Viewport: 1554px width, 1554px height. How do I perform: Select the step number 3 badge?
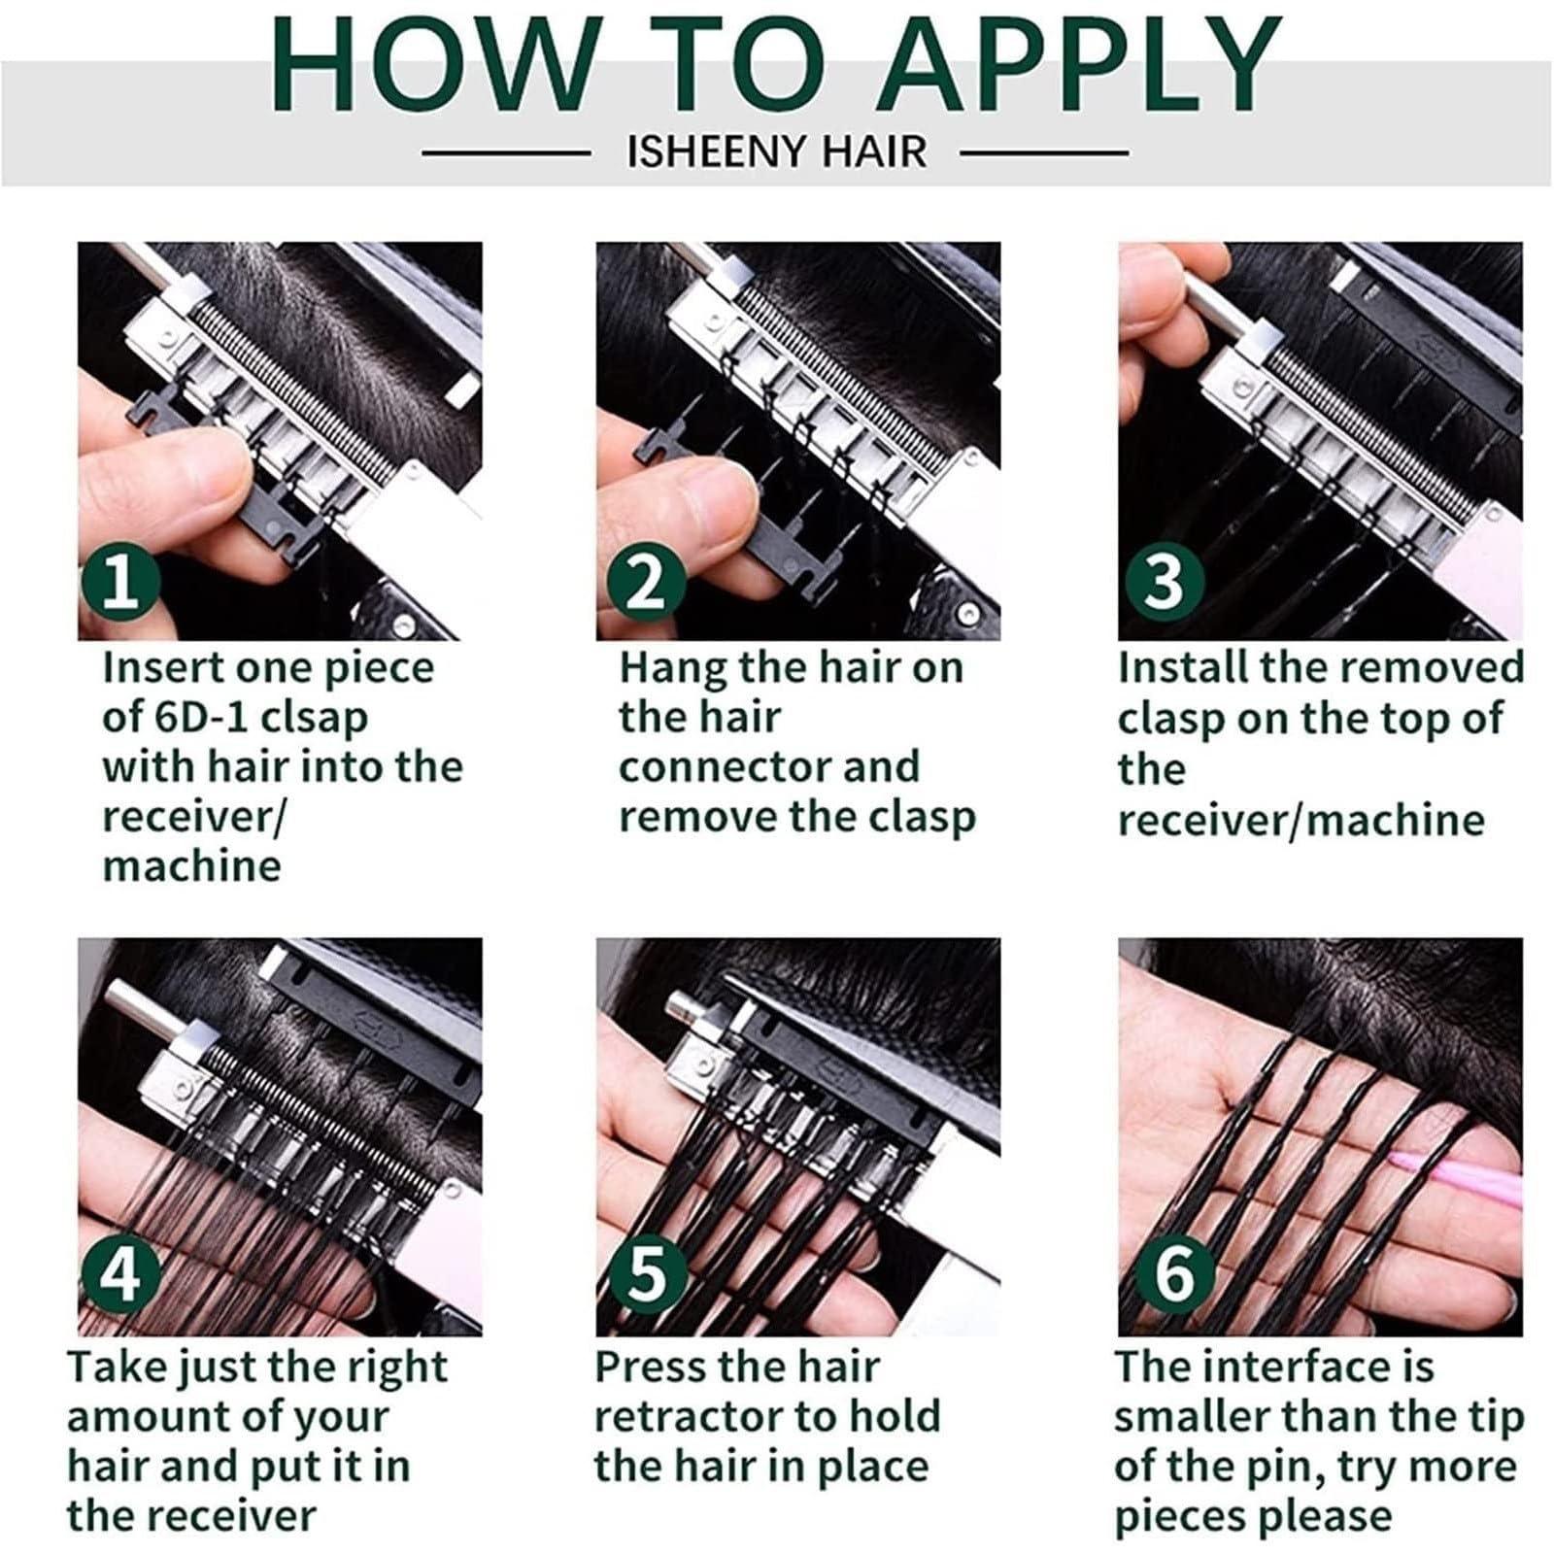1164,582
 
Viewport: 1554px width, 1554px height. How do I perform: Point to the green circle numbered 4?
119,1275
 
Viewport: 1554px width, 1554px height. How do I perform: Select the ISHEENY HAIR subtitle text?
777,152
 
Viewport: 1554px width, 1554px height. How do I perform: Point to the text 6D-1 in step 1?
203,719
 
